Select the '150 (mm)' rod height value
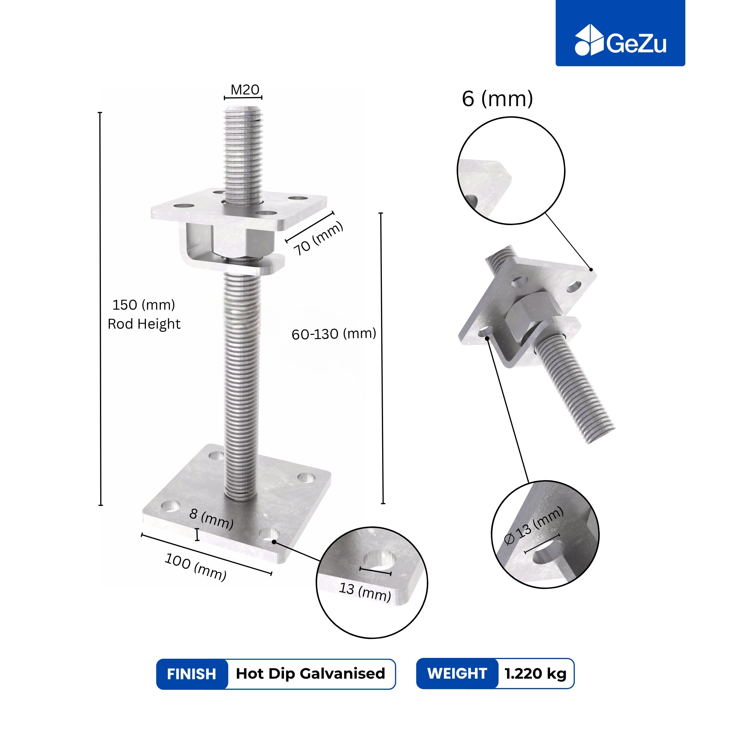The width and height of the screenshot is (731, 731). click(144, 305)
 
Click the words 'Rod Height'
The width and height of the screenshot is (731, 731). click(144, 324)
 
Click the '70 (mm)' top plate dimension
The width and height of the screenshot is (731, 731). click(319, 238)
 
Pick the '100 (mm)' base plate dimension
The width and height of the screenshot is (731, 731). click(196, 566)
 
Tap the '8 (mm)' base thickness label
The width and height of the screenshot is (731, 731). click(211, 519)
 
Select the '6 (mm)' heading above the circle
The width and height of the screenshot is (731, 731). click(497, 99)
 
